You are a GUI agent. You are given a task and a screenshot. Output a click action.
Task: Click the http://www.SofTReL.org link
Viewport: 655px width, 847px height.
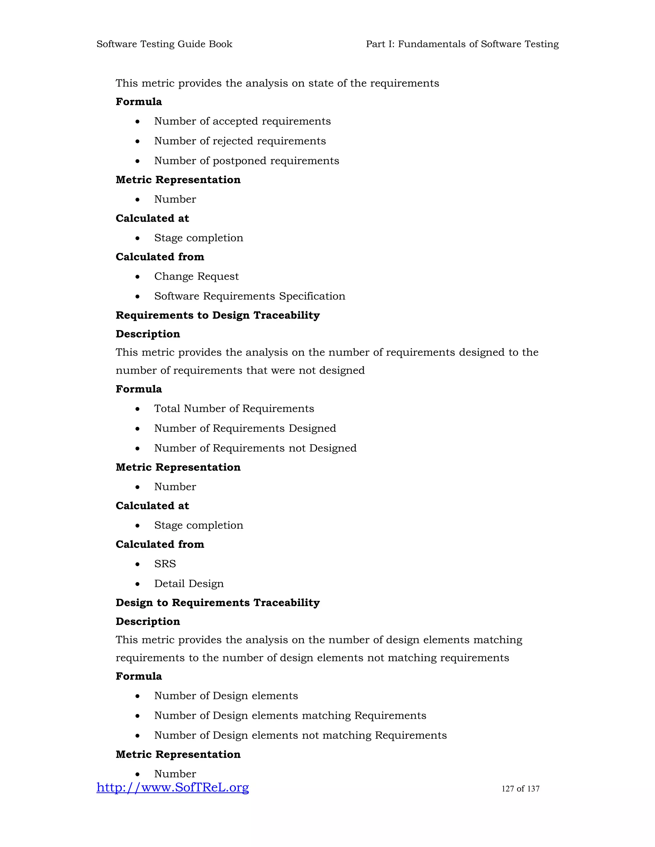[173, 788]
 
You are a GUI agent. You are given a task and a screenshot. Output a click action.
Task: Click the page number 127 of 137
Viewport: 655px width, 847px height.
[520, 789]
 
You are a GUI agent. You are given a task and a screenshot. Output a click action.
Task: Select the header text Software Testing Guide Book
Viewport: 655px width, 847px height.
[164, 44]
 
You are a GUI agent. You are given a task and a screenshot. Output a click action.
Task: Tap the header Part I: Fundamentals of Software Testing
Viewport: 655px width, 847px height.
[462, 44]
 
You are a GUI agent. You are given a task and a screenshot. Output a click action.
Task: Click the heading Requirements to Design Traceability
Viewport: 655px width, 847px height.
[218, 315]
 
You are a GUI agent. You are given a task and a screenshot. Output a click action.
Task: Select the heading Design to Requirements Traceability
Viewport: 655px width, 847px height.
[218, 603]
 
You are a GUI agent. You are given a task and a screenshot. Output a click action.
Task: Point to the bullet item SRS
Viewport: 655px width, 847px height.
[165, 564]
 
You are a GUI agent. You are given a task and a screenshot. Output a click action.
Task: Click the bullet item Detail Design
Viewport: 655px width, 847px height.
[189, 584]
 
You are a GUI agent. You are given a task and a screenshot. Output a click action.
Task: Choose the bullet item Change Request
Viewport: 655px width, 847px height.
[196, 276]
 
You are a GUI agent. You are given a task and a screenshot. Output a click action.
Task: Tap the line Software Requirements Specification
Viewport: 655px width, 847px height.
[249, 296]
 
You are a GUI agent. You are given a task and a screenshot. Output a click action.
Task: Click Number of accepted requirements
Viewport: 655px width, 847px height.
[242, 121]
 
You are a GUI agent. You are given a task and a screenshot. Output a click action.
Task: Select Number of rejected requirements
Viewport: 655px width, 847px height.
[240, 141]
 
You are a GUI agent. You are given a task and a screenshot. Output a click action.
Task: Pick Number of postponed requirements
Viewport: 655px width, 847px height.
[246, 161]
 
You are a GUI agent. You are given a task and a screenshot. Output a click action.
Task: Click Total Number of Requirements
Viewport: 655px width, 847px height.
[234, 409]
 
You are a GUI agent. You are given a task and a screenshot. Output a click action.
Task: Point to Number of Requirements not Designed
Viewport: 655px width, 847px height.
[255, 448]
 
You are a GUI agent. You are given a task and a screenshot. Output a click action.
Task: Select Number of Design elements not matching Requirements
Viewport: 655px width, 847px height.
[300, 735]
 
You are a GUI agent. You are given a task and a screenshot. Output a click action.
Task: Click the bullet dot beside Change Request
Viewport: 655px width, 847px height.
[137, 277]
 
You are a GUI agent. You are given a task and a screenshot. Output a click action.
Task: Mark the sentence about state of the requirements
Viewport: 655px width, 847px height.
[277, 83]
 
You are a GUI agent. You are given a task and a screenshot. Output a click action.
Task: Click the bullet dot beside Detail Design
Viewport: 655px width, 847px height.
[137, 584]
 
